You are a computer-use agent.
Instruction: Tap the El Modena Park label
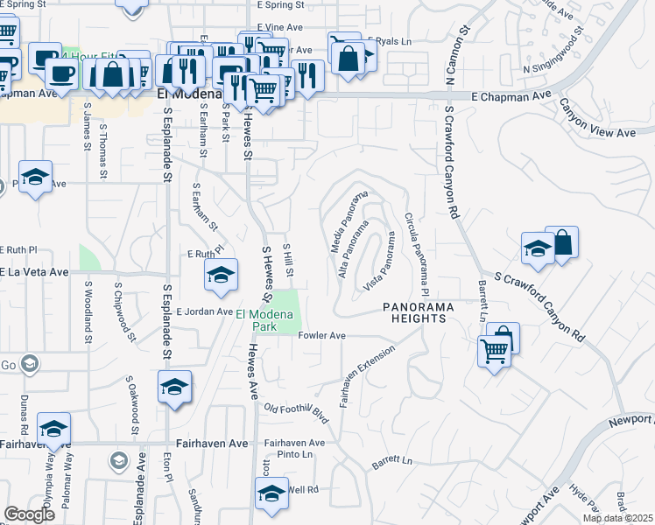pyautogui.click(x=264, y=320)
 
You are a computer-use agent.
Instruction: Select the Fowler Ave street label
pyautogui.click(x=322, y=335)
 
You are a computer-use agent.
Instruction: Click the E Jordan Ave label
pyautogui.click(x=204, y=311)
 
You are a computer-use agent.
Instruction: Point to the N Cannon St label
pyautogui.click(x=454, y=53)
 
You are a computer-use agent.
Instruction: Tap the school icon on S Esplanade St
pyautogui.click(x=174, y=387)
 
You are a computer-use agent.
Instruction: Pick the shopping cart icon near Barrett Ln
pyautogui.click(x=495, y=352)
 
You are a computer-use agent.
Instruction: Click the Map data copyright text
pyautogui.click(x=617, y=518)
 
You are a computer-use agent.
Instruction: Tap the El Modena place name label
pyautogui.click(x=186, y=93)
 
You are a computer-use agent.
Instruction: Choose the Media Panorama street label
pyautogui.click(x=348, y=220)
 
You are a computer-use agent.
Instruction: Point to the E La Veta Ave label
pyautogui.click(x=35, y=272)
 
